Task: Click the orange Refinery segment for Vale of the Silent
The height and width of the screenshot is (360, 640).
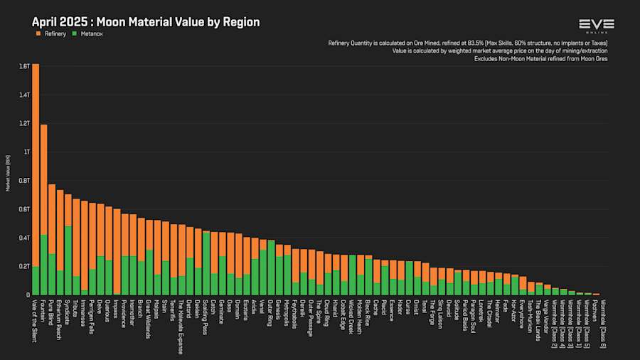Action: (36, 164)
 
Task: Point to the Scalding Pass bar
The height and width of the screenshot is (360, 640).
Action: (206, 263)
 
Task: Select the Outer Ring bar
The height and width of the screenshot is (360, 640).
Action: (271, 268)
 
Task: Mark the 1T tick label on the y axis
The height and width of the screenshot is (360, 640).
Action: (26, 152)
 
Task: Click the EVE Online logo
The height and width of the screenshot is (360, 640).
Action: (597, 26)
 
